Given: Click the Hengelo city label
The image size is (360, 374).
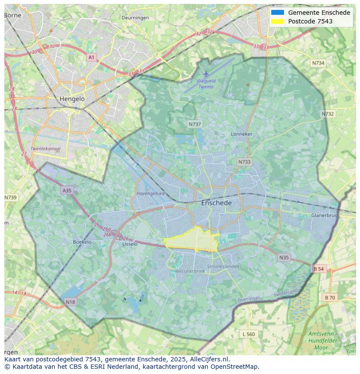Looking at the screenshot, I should click(x=72, y=99).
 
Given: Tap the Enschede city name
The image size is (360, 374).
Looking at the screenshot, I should click(x=216, y=203).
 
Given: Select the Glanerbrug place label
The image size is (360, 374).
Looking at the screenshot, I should click(x=324, y=215).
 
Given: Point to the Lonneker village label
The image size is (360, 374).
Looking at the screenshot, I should click(x=241, y=134).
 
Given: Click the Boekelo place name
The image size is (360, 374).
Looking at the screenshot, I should click(x=82, y=242).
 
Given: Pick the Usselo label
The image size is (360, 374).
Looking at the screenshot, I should click(x=130, y=244).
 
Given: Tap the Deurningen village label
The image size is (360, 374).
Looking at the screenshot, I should click(x=135, y=18).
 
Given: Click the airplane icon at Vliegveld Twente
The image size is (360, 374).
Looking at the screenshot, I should click(x=206, y=74).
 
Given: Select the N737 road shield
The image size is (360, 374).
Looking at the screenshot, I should click(x=195, y=124).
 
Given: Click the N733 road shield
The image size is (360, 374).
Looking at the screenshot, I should click(x=244, y=162).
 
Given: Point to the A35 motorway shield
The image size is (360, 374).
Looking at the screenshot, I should click(x=67, y=191).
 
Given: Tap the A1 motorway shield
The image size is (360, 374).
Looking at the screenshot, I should click(x=91, y=57).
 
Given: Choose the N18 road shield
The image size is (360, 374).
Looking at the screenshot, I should click(x=70, y=302).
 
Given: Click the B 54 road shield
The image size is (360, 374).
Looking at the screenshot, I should click(x=319, y=269).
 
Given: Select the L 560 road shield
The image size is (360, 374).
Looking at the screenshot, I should click(x=248, y=334).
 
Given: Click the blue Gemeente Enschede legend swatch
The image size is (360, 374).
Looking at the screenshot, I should click(x=277, y=13).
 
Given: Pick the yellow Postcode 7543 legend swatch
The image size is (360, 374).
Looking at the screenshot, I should click(x=277, y=21).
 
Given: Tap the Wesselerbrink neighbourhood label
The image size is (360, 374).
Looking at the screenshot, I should click(x=190, y=271).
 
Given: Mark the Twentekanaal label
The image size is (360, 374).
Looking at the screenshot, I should click(x=45, y=149).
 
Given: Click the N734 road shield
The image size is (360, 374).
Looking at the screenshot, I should click(x=318, y=63).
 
